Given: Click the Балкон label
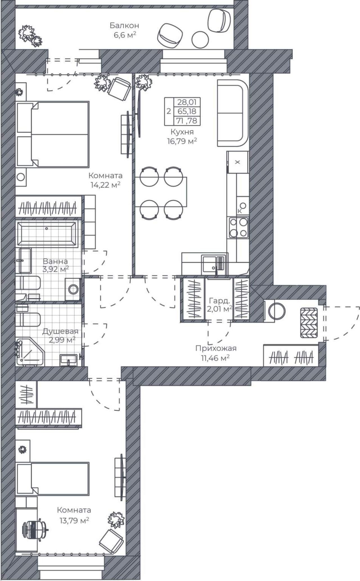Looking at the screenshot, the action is pyautogui.click(x=124, y=26).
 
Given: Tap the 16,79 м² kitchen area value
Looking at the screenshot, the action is pyautogui.click(x=181, y=141).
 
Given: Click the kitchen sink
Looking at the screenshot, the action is pyautogui.click(x=214, y=265).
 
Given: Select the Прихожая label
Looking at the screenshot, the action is pyautogui.click(x=216, y=348).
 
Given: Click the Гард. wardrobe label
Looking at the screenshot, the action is pyautogui.click(x=218, y=301).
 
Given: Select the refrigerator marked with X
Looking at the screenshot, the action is pyautogui.click(x=238, y=162).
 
